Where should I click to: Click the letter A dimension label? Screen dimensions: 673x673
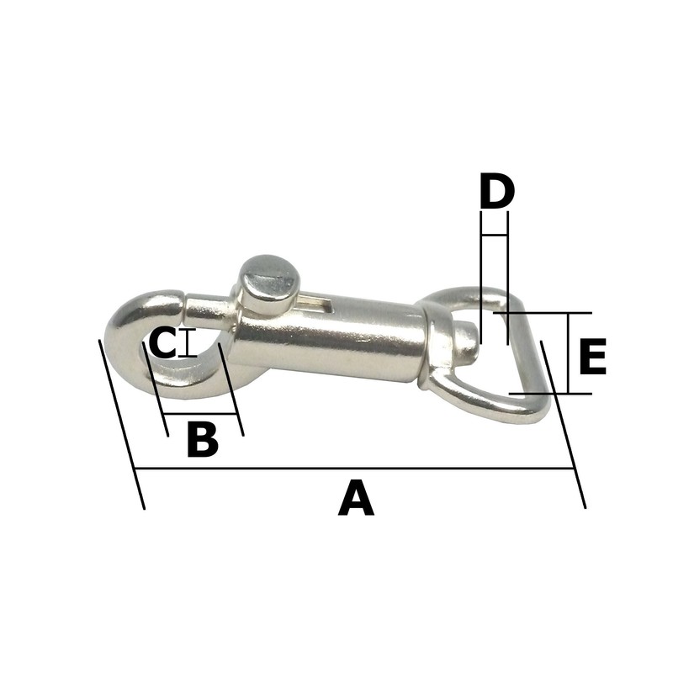[356, 498]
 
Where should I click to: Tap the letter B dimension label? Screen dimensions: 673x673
[203, 439]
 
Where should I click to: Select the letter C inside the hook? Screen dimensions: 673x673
[162, 342]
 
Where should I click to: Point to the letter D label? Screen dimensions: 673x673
[496, 191]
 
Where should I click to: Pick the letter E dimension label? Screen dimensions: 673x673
[592, 356]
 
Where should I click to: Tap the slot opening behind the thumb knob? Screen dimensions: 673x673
[315, 303]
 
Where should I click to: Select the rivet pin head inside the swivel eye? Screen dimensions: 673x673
[467, 342]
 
